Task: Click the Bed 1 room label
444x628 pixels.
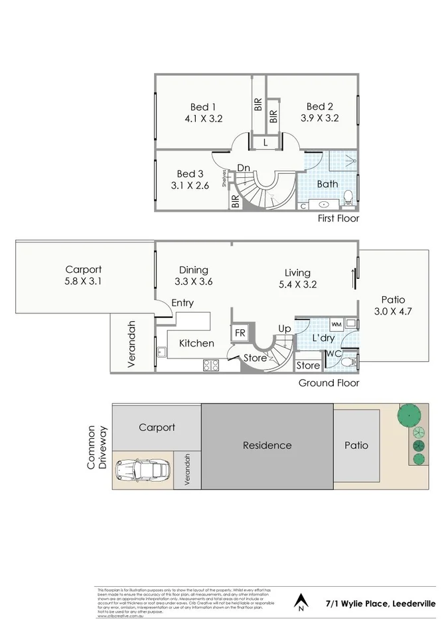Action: (203, 107)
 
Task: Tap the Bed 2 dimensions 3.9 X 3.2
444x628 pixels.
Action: (319, 118)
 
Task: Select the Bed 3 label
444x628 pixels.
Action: (190, 174)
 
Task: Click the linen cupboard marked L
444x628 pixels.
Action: (265, 143)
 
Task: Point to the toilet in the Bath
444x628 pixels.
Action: (349, 196)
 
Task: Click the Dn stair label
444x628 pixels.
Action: (244, 168)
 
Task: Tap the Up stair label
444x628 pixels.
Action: (284, 329)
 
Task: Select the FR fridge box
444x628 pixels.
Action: (238, 333)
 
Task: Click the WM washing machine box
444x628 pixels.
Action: (336, 325)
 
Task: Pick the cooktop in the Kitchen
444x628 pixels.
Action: (211, 364)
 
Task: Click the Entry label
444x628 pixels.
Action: (183, 303)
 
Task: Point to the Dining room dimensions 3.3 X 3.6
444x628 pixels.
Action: (193, 281)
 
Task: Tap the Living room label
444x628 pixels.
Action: (298, 272)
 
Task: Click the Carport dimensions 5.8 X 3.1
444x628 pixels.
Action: (83, 281)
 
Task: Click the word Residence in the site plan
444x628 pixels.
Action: (267, 445)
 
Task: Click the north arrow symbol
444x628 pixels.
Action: (301, 601)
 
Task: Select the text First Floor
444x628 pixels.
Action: (338, 218)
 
